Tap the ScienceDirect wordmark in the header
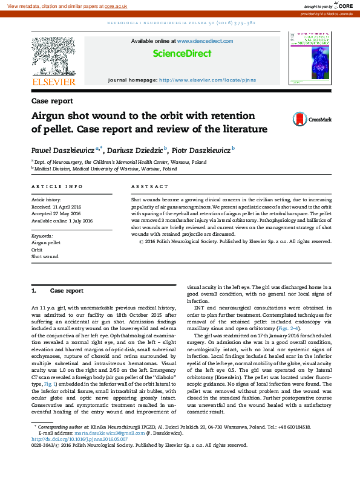(182, 53)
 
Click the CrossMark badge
(312, 119)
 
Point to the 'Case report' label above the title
(52, 101)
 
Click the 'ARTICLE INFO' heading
(57, 187)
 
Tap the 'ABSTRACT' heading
(149, 187)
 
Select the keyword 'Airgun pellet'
(46, 242)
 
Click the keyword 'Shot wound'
(45, 256)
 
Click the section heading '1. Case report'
(58, 291)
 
